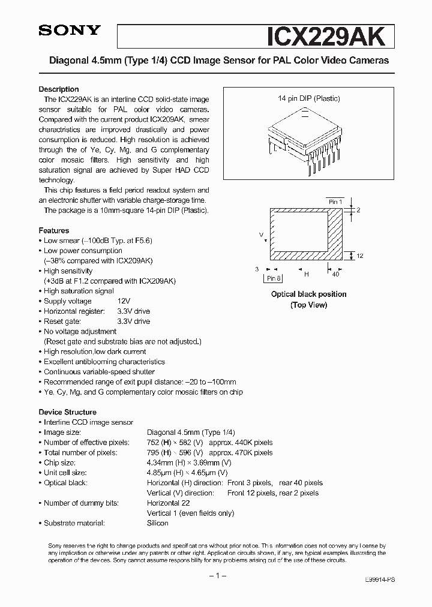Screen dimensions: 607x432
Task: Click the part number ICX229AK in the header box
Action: click(329, 35)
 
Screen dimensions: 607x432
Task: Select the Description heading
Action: click(59, 89)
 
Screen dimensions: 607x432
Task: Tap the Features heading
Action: click(54, 230)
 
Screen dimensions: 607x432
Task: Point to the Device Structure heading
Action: click(67, 412)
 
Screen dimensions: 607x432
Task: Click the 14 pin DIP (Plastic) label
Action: click(308, 98)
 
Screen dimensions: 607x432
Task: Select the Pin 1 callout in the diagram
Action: click(335, 202)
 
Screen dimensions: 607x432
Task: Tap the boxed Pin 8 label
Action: click(274, 278)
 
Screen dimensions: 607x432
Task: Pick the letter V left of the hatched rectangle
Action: click(261, 235)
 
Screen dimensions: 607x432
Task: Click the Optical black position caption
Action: click(308, 295)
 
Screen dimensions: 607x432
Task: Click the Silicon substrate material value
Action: click(158, 523)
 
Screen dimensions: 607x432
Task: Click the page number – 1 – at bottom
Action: click(216, 576)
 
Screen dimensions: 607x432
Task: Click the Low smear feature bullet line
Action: click(98, 241)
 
